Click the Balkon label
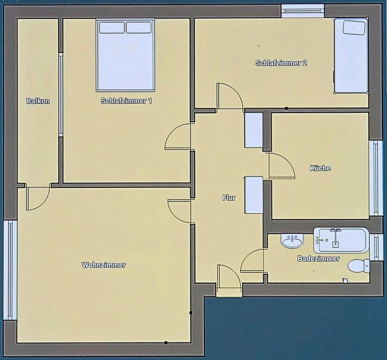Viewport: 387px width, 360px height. (38, 101)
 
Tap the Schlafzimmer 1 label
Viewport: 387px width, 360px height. (126, 101)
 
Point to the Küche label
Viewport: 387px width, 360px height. (320, 168)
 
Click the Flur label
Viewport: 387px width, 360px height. (229, 198)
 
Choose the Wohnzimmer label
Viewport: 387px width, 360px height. (104, 265)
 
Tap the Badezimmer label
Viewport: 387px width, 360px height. (318, 258)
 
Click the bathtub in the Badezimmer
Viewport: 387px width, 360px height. (341, 240)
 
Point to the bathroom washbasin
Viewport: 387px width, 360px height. (292, 241)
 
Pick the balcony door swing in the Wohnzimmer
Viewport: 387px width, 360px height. (37, 198)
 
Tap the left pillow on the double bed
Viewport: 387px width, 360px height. (112, 27)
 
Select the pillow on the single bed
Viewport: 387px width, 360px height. (354, 27)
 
